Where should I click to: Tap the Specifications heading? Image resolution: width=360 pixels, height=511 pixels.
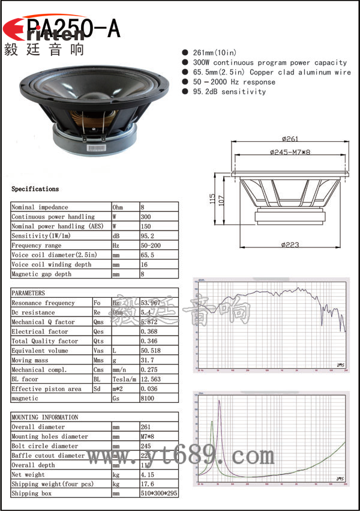(x=35, y=189)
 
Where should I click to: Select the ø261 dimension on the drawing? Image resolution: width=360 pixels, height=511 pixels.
(x=289, y=140)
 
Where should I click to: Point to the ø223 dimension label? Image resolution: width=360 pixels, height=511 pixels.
(x=289, y=244)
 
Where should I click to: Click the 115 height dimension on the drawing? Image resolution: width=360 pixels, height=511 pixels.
(x=212, y=199)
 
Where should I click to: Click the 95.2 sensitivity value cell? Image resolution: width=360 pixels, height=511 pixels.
(x=147, y=236)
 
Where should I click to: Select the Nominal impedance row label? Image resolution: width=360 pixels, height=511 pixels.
(x=40, y=207)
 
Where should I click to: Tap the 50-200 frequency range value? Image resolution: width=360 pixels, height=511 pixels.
(x=150, y=246)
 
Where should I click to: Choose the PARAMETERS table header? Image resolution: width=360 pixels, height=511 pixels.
(x=28, y=294)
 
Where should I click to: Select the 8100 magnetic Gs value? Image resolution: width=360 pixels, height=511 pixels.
(x=148, y=399)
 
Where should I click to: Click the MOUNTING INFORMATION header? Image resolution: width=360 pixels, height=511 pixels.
(x=45, y=417)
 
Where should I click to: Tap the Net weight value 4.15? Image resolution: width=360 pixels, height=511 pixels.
(x=147, y=474)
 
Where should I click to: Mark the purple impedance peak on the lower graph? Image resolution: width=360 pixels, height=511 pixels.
(x=219, y=401)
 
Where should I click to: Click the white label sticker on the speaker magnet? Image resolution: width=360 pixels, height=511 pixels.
(x=96, y=147)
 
